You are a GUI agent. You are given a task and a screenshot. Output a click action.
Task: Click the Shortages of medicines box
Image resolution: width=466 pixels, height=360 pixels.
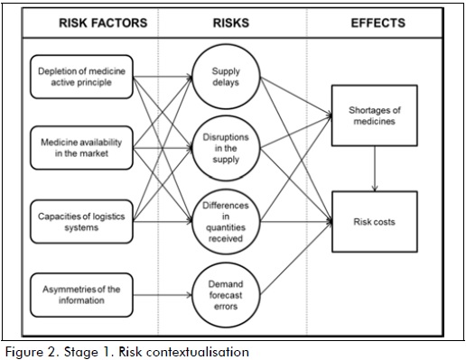point(374,115)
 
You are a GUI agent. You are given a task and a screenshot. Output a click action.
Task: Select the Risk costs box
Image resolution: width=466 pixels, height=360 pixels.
point(374,220)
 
